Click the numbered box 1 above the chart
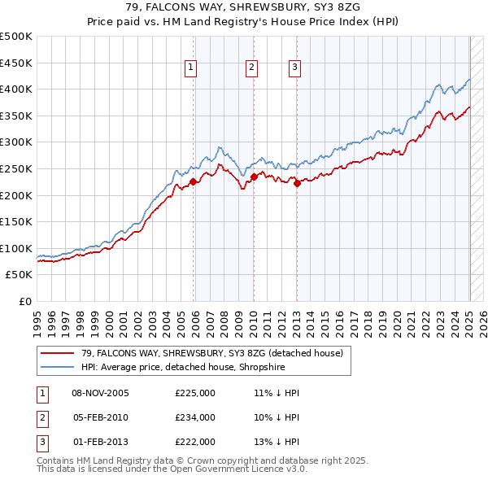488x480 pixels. point(190,68)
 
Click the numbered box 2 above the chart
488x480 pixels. point(251,68)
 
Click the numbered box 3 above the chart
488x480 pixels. point(294,68)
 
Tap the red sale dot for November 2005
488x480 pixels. point(194,182)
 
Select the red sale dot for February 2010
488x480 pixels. point(254,177)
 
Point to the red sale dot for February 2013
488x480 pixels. point(297,183)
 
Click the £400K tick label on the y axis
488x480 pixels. point(16,89)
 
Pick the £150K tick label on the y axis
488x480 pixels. point(16,222)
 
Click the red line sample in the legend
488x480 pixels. point(58,353)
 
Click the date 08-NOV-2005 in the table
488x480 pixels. point(101,393)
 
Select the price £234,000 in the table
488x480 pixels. point(195,417)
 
